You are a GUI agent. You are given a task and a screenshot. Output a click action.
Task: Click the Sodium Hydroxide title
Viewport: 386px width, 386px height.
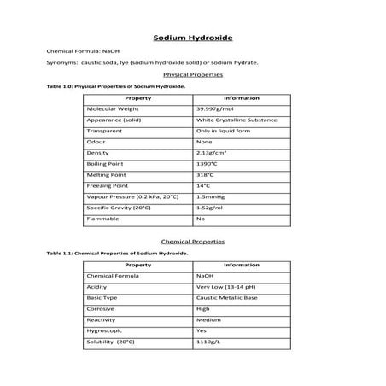click(x=192, y=38)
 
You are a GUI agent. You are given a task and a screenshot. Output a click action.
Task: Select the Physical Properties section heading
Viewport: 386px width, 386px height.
click(x=192, y=75)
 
